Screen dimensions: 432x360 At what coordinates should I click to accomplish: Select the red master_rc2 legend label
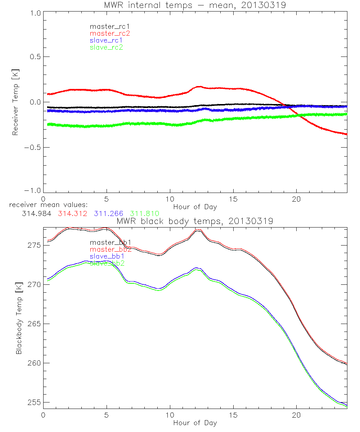pyautogui.click(x=109, y=33)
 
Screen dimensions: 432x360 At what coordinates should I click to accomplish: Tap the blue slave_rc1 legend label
pyautogui.click(x=107, y=40)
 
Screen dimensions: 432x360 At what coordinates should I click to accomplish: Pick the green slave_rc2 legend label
pyautogui.click(x=106, y=47)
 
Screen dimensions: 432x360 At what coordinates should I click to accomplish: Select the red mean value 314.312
pyautogui.click(x=72, y=213)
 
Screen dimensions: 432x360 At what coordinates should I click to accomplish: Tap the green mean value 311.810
pyautogui.click(x=144, y=213)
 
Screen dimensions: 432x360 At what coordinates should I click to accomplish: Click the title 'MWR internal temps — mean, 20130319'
pyautogui.click(x=195, y=5)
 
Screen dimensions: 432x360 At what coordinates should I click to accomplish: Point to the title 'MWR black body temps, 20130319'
pyautogui.click(x=195, y=221)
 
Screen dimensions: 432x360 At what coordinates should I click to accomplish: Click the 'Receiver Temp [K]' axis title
pyautogui.click(x=15, y=102)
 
